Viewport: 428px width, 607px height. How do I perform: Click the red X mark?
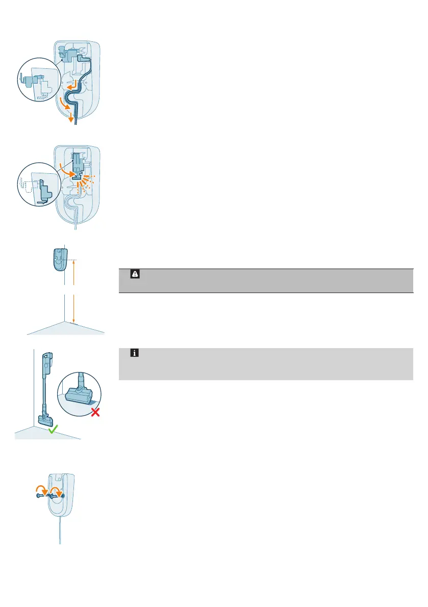click(x=94, y=411)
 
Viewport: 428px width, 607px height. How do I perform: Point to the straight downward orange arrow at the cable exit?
click(x=71, y=119)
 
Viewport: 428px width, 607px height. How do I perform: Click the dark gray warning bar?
click(x=265, y=280)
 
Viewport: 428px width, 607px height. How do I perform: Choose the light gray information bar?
click(x=265, y=364)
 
